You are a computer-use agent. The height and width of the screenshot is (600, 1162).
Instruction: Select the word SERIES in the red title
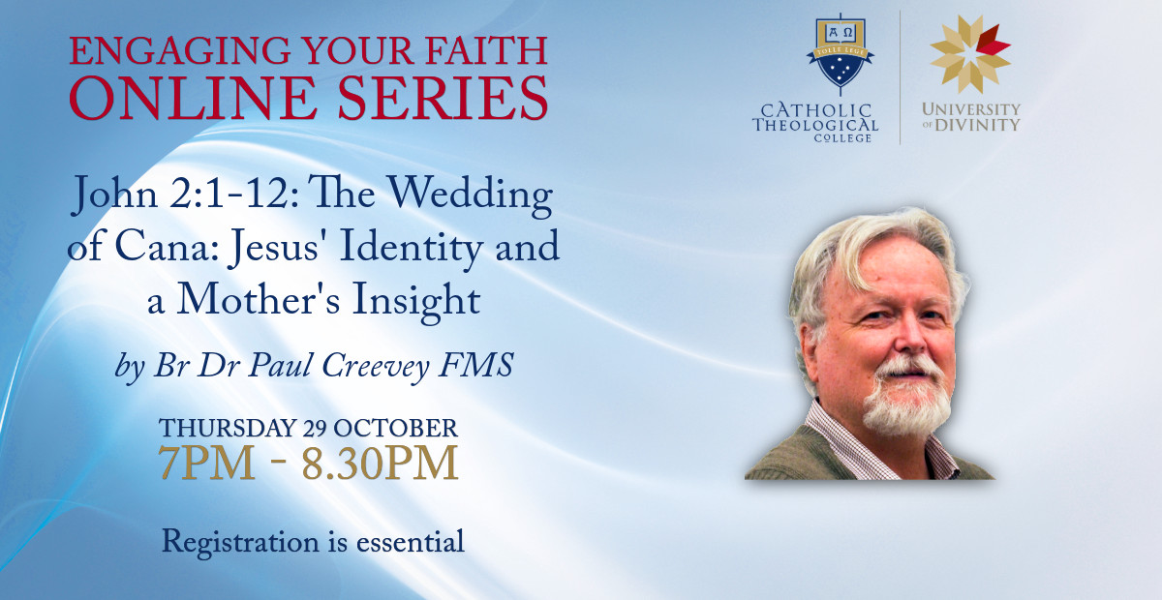443,98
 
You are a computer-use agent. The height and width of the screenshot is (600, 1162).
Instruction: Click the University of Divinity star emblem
970,54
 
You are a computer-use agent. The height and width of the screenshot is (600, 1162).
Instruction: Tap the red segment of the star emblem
992,41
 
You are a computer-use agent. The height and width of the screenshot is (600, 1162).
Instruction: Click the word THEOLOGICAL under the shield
815,125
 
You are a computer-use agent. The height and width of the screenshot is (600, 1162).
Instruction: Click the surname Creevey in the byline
376,367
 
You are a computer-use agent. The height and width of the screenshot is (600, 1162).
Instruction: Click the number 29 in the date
317,429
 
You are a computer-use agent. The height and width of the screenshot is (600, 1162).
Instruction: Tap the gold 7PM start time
206,463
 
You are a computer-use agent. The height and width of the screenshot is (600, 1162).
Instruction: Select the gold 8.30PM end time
380,463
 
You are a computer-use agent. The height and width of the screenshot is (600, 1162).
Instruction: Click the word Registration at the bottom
240,544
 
